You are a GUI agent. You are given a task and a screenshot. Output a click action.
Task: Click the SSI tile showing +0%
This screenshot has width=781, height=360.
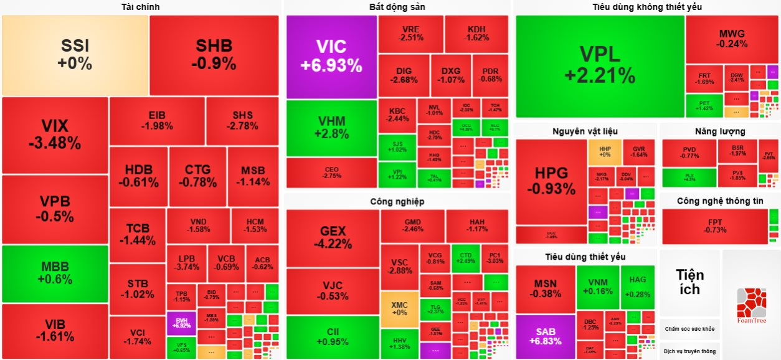pos(75,55)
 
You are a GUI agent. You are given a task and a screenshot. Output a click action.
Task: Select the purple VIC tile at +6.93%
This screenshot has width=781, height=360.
pos(331,56)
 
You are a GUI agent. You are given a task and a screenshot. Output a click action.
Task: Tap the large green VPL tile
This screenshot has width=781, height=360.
pos(600,65)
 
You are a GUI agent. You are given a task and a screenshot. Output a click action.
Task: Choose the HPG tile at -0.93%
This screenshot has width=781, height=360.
pos(551,181)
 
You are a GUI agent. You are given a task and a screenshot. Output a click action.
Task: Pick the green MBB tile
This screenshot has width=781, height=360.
pos(55,273)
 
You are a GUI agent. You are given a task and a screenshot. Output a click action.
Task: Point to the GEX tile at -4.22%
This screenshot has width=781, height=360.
pos(333,239)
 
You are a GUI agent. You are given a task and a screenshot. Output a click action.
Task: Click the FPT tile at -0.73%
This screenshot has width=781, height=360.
pos(715,226)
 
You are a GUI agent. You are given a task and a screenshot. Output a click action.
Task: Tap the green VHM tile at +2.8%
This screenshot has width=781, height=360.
pos(331,127)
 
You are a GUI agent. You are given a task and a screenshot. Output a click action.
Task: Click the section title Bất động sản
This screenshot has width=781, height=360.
pos(397,7)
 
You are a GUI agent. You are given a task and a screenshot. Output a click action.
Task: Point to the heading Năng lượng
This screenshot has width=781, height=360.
pos(719,131)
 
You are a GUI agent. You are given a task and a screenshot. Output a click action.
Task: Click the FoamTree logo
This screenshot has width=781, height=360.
pos(751,305)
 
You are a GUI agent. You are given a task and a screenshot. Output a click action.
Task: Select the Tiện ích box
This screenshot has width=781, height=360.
pos(690,282)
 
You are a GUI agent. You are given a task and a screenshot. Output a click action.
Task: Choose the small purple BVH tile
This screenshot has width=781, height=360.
pos(181,323)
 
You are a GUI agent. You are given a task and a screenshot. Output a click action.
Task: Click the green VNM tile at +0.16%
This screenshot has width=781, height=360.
pos(598,286)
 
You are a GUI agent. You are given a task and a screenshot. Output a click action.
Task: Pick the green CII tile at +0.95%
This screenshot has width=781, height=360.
pos(333,336)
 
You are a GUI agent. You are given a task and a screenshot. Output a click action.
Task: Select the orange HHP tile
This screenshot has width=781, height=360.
pos(605,152)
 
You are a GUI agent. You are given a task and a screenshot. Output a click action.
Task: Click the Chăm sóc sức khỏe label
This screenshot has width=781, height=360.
pos(689,329)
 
